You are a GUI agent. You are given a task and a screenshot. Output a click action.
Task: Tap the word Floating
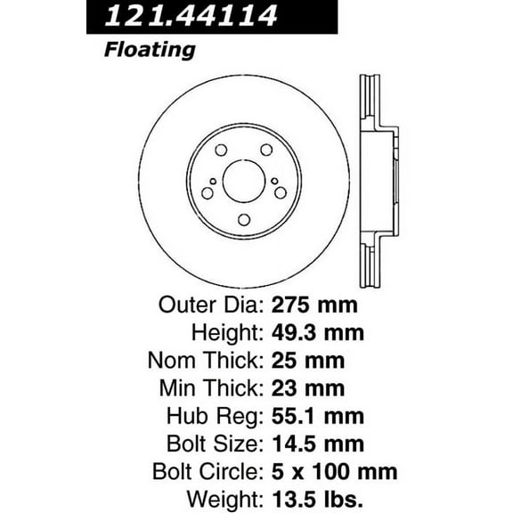pos(150,49)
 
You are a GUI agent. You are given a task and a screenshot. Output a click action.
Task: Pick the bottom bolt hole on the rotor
pos(243,220)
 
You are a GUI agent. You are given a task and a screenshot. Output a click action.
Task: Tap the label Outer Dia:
pos(210,305)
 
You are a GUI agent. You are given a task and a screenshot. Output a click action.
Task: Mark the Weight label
pos(228,499)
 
